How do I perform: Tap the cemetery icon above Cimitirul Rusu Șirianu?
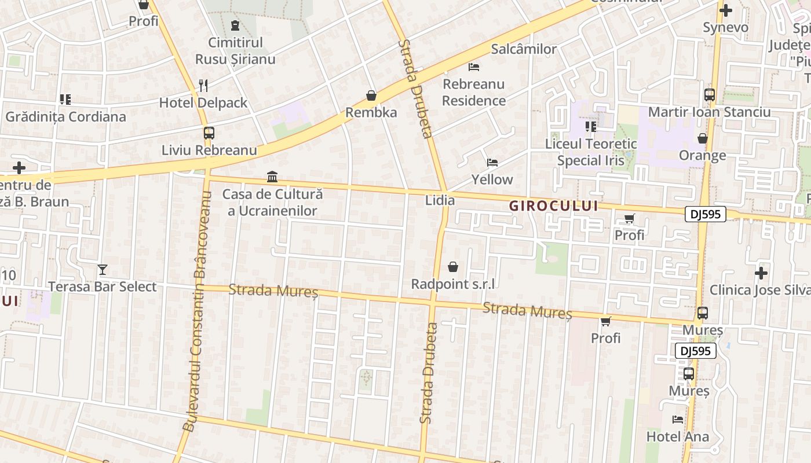point(235,25)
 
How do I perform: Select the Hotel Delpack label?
point(203,103)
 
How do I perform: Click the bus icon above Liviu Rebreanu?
point(209,133)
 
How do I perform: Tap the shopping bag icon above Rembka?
point(371,95)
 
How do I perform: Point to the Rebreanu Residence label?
point(474,93)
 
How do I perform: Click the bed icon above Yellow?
point(492,163)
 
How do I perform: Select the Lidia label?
point(440,200)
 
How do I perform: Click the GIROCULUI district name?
point(553,206)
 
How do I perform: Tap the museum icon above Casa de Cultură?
point(272,177)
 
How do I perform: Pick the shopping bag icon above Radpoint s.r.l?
point(453,267)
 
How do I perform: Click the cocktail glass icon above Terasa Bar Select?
point(103,270)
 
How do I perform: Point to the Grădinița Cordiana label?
point(65,117)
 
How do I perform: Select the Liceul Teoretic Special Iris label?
point(591,152)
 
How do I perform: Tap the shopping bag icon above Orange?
point(703,138)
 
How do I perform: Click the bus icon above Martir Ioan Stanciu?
point(710,95)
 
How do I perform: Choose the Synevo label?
point(725,27)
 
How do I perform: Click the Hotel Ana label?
point(678,436)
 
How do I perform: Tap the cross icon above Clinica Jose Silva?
point(761,273)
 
